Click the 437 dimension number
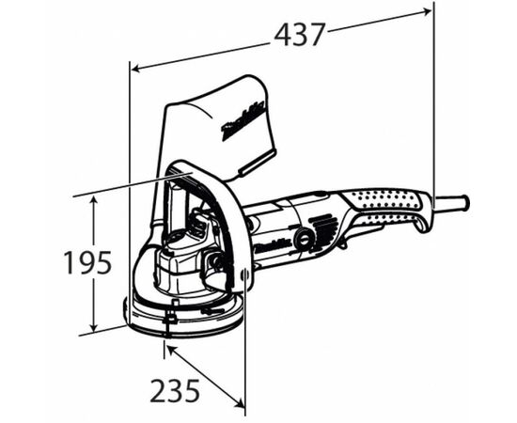[x=299, y=34]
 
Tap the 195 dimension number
[x=87, y=262]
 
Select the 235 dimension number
[x=173, y=389]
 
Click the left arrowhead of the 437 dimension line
[x=134, y=69]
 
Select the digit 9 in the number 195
[x=87, y=262]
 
